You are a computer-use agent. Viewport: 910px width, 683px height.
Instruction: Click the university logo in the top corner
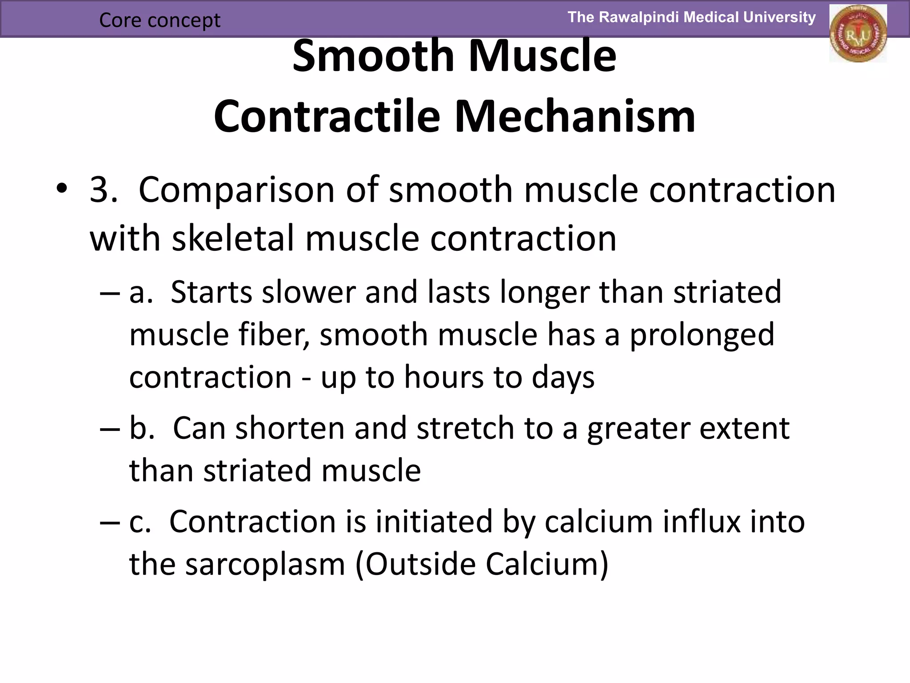click(x=858, y=34)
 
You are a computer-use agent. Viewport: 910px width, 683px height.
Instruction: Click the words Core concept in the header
click(x=160, y=20)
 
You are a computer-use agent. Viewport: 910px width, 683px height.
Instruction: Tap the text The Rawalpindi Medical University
click(x=691, y=17)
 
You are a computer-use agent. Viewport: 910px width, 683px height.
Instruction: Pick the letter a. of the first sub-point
click(x=141, y=293)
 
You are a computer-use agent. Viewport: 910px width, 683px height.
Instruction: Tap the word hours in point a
click(x=443, y=377)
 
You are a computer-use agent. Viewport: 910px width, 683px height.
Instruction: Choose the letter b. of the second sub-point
click(x=142, y=428)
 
